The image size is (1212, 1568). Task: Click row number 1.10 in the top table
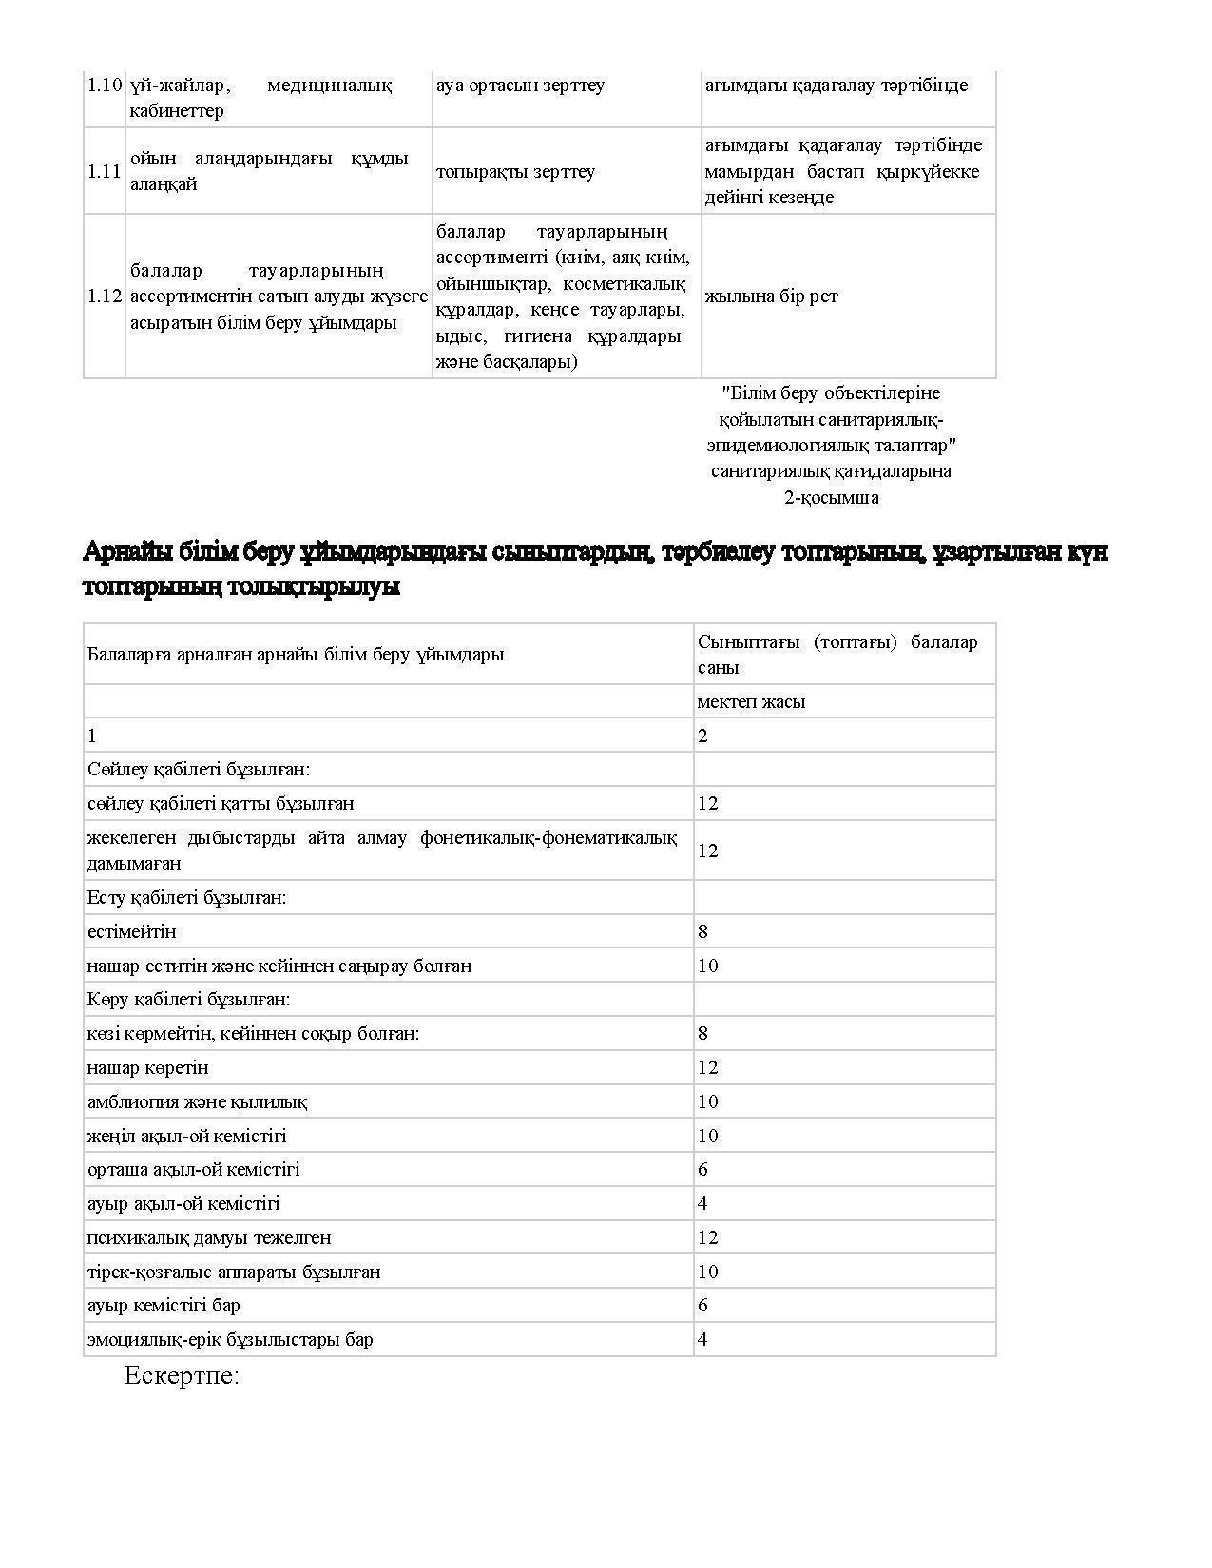click(x=104, y=86)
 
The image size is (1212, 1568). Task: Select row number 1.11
click(x=104, y=172)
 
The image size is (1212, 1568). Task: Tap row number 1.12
click(x=104, y=296)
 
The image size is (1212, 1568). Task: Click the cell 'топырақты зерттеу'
click(x=515, y=172)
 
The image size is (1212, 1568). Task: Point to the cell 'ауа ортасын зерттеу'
click(x=520, y=86)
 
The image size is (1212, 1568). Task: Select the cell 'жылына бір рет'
click(x=771, y=296)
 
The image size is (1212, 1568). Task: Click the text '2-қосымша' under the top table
click(x=831, y=498)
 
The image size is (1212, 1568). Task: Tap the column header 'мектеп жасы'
click(x=751, y=702)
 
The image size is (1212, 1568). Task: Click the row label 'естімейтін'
click(x=131, y=932)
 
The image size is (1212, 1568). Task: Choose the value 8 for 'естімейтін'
click(x=702, y=932)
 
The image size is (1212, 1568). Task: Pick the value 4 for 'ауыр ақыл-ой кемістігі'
click(x=702, y=1204)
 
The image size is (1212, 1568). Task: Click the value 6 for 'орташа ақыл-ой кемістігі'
click(x=702, y=1170)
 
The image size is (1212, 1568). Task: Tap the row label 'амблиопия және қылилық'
click(x=197, y=1102)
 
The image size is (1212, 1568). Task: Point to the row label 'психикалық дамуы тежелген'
click(x=209, y=1238)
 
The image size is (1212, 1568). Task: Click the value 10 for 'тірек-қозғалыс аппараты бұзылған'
click(x=707, y=1272)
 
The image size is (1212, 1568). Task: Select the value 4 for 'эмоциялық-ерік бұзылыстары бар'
click(x=702, y=1340)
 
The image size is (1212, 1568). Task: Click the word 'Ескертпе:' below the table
click(x=181, y=1376)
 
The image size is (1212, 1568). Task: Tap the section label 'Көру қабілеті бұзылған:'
click(x=188, y=1000)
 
